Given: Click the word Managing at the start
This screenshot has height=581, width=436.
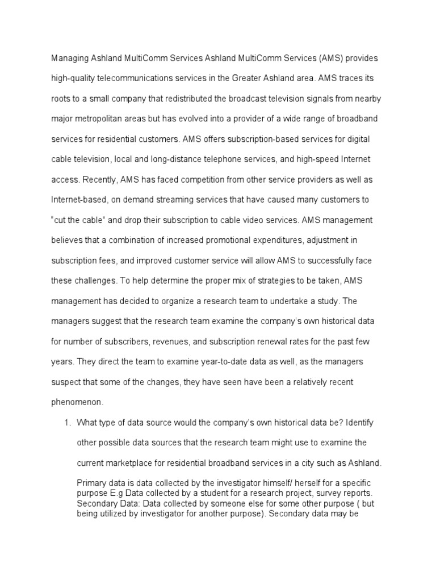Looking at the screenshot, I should tap(69, 58).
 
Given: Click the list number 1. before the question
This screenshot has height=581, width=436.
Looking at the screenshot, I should tap(65, 422).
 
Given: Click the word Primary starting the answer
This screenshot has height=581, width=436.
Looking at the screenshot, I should tap(92, 483).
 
